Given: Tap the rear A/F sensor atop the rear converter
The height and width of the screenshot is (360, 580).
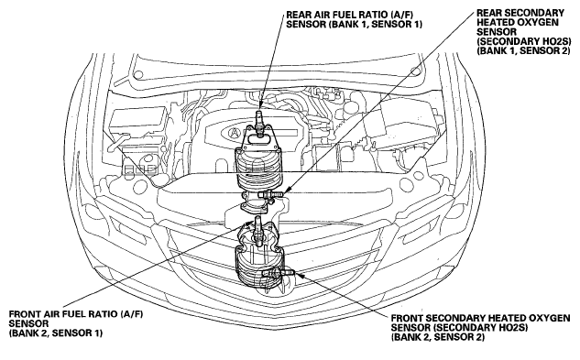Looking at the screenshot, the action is pyautogui.click(x=259, y=122).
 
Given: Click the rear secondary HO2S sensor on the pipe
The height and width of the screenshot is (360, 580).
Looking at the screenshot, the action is pyautogui.click(x=272, y=194).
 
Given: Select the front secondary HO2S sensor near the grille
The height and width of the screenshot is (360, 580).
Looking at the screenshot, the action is pyautogui.click(x=279, y=273).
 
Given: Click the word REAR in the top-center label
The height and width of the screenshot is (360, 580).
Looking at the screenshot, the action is pyautogui.click(x=297, y=15).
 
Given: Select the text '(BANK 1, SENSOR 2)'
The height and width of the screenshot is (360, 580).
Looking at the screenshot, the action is pyautogui.click(x=524, y=50).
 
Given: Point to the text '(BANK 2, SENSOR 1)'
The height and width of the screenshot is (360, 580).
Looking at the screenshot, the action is pyautogui.click(x=56, y=333).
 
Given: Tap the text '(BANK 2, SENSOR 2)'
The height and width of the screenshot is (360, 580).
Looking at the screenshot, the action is pyautogui.click(x=438, y=337).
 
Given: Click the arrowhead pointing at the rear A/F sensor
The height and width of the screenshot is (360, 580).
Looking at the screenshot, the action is pyautogui.click(x=260, y=105).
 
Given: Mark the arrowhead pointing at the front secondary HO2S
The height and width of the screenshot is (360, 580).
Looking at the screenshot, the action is pyautogui.click(x=300, y=275).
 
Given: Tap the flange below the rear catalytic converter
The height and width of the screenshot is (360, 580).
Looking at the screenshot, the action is pyautogui.click(x=255, y=206).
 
